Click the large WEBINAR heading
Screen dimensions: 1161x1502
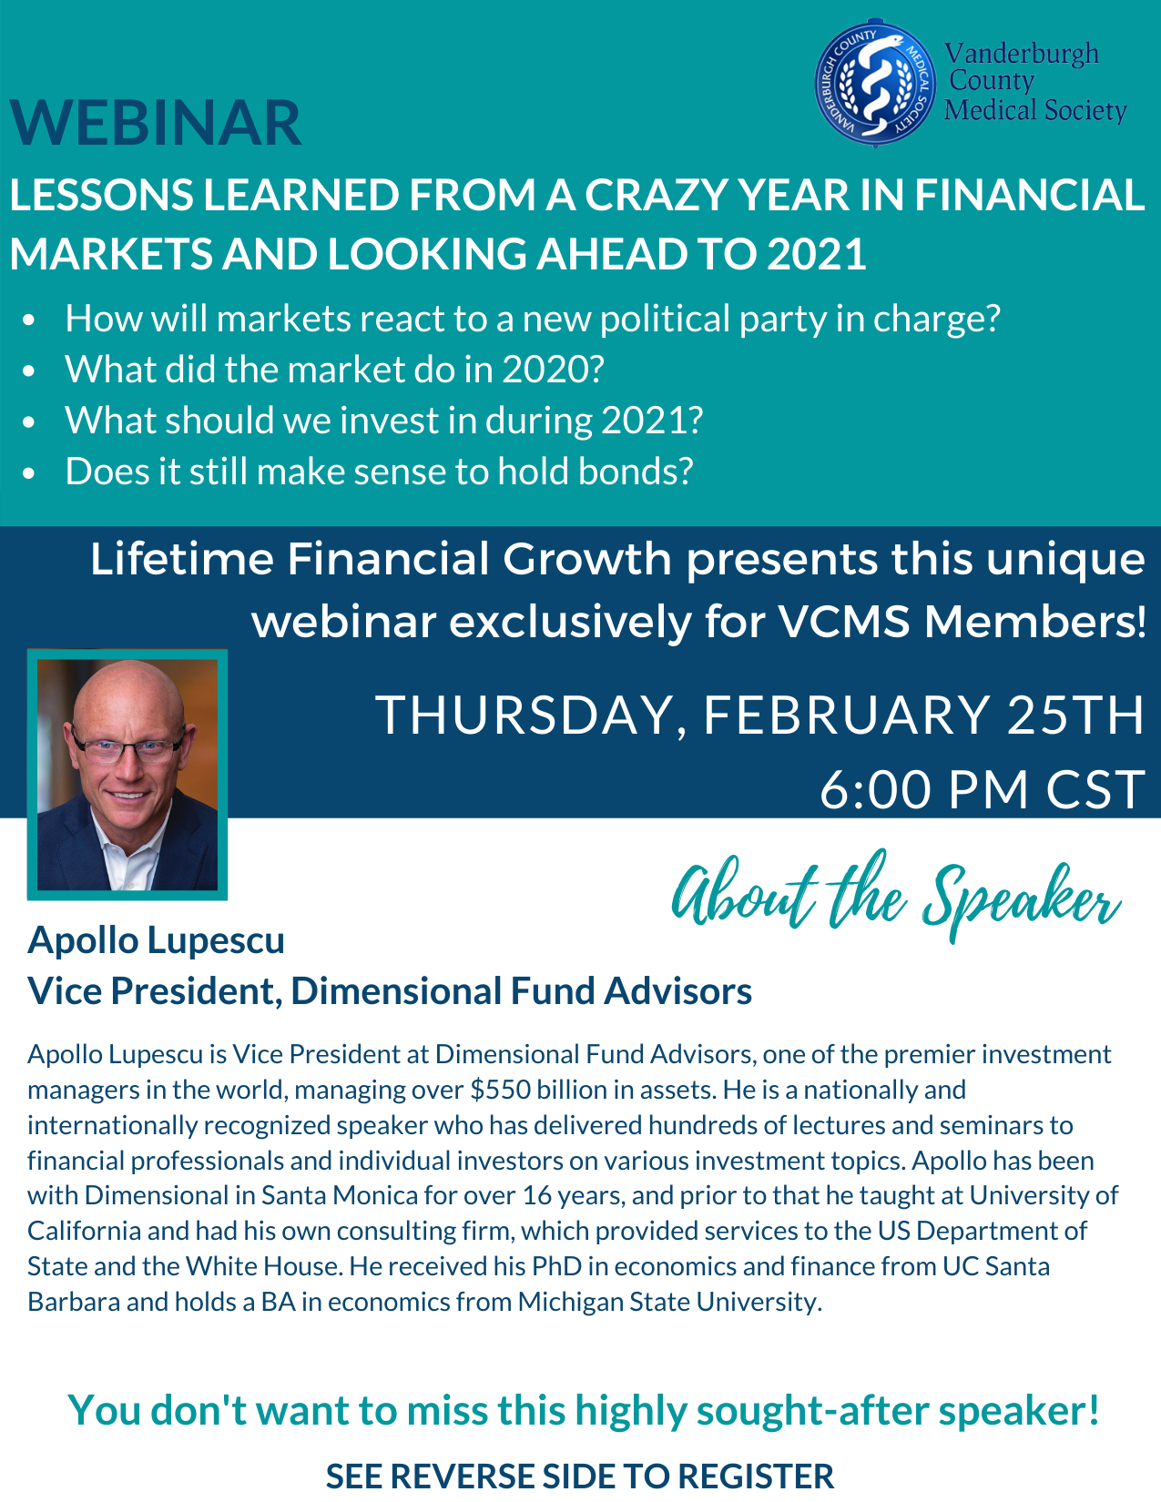click(156, 123)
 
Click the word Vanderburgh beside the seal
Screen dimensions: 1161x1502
click(1022, 54)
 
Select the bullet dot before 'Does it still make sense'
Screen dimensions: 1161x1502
click(28, 473)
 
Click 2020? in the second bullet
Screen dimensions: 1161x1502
click(554, 370)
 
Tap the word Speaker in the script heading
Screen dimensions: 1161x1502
click(1022, 898)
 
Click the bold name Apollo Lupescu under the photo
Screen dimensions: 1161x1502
click(157, 941)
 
